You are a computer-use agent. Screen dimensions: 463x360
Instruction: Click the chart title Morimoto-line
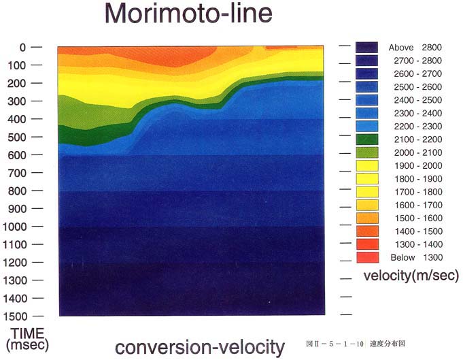(x=188, y=14)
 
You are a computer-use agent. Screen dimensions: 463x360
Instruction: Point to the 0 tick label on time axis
(x=22, y=47)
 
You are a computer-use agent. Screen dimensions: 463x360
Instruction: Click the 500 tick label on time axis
(x=16, y=137)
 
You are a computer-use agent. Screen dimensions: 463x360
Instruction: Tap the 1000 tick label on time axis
(x=15, y=227)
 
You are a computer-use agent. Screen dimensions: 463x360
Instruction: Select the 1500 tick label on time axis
(x=15, y=316)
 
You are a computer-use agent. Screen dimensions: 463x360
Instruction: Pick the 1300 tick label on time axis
(x=15, y=280)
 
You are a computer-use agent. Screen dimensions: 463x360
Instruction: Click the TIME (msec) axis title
(x=27, y=340)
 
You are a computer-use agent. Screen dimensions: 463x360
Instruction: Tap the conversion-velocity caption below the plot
(x=200, y=348)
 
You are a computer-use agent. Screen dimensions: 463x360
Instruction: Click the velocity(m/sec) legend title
(x=411, y=276)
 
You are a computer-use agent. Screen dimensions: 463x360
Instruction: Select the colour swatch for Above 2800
(x=366, y=48)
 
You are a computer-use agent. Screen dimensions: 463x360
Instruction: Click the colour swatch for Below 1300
(x=368, y=257)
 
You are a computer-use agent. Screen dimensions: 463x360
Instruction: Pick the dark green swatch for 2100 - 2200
(x=367, y=140)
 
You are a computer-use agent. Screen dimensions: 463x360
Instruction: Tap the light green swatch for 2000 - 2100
(x=367, y=152)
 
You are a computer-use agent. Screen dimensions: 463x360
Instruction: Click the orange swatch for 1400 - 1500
(x=368, y=231)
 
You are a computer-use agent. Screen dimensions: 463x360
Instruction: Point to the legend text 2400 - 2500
(x=418, y=100)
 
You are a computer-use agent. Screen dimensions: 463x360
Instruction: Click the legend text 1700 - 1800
(x=418, y=192)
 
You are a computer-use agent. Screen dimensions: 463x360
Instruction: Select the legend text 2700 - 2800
(x=418, y=61)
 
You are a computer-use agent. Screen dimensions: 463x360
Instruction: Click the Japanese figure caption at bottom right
(x=356, y=344)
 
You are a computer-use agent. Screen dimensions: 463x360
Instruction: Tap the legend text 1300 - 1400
(x=419, y=244)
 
